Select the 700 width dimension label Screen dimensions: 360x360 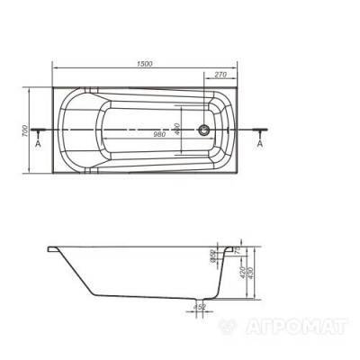tap(30, 130)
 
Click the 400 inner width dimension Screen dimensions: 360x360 tap(178, 130)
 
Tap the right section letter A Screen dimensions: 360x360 tap(260, 143)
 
